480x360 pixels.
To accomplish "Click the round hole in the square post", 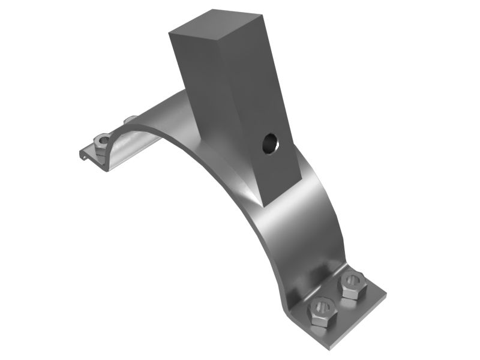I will point(269,142).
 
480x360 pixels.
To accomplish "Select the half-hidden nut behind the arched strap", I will point(130,120).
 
